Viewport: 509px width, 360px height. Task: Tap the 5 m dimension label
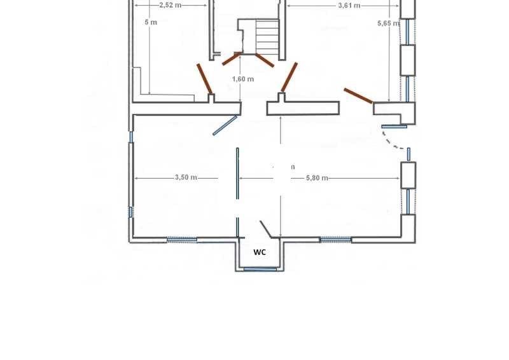[x=151, y=23]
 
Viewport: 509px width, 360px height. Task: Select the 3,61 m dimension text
[x=348, y=5]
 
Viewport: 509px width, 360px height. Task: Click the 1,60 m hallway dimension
[x=243, y=79]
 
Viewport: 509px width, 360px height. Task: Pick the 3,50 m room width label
[x=186, y=177]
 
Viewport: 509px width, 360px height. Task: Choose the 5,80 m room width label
[x=317, y=178]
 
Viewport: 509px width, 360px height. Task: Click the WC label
[x=260, y=252]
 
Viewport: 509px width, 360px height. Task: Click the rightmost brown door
[x=358, y=95]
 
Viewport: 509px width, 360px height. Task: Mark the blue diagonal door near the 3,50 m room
[x=225, y=125]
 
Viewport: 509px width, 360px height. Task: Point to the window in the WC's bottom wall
[x=260, y=270]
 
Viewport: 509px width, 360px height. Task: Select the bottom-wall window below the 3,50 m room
[x=182, y=240]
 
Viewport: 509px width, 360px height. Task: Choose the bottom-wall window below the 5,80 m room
[x=335, y=240]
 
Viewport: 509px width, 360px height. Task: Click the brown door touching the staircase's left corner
[x=231, y=59]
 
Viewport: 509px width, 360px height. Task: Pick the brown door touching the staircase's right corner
[x=265, y=60]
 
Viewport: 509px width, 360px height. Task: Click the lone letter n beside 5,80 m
[x=293, y=167]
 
